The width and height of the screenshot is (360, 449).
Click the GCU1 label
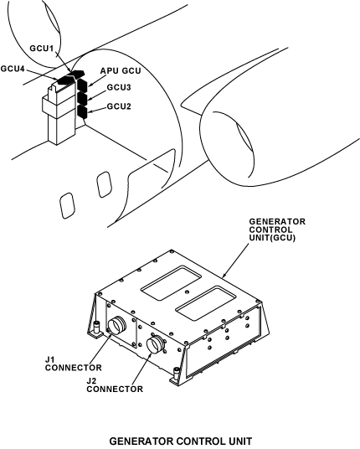click(42, 48)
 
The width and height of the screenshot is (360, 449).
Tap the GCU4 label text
click(13, 69)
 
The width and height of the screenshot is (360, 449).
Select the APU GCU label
click(121, 70)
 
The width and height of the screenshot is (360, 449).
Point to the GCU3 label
click(119, 87)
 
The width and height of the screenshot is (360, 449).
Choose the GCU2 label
click(119, 106)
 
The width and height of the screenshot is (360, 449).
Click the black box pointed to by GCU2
click(82, 111)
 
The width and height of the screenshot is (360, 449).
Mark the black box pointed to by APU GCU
click(82, 85)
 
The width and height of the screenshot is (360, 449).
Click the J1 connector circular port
click(116, 325)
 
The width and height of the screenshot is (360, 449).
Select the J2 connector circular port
click(156, 345)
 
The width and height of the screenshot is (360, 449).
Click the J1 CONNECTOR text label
click(74, 364)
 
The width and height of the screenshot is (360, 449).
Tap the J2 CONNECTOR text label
click(115, 385)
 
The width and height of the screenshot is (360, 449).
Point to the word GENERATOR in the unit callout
click(277, 222)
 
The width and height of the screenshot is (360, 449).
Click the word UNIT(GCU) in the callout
click(272, 238)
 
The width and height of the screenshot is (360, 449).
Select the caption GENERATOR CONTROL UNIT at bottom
click(181, 441)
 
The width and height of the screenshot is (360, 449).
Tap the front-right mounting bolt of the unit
click(177, 374)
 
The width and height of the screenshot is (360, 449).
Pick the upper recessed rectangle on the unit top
click(171, 282)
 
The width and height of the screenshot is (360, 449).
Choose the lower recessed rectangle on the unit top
click(205, 302)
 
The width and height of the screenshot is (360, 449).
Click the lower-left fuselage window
click(68, 205)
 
